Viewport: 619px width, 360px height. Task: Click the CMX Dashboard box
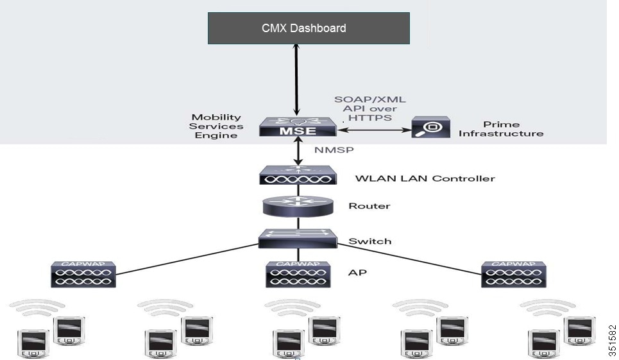click(309, 28)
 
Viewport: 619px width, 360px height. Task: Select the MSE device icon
click(298, 126)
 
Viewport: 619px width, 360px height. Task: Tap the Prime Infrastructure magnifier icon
click(430, 128)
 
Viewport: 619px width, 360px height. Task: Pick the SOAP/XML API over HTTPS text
click(370, 109)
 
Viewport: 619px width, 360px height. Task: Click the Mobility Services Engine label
click(216, 126)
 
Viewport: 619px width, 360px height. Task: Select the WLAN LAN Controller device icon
click(298, 176)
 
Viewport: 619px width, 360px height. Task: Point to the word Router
click(369, 206)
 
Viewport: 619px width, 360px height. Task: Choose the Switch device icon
click(298, 240)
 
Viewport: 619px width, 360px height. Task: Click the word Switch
click(369, 241)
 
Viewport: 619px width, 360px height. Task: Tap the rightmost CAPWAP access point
click(513, 274)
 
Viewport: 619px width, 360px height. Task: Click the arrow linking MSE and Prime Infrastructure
click(374, 130)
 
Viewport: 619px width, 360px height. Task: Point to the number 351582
click(611, 340)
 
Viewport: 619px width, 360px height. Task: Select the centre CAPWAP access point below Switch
click(298, 274)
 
